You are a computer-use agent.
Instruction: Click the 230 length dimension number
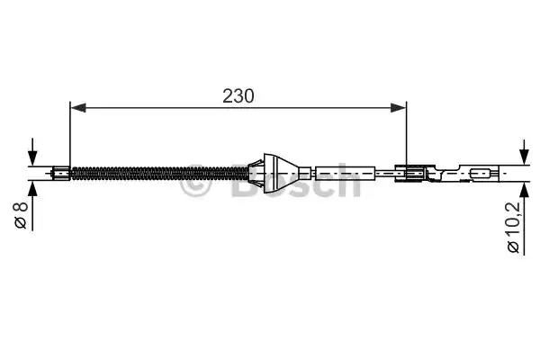[x=238, y=96]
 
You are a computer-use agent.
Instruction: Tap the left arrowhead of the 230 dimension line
[x=77, y=108]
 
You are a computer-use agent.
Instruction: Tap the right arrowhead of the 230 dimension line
[x=399, y=108]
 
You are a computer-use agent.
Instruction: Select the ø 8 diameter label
[x=21, y=216]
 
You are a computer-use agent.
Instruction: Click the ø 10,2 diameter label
[x=513, y=228]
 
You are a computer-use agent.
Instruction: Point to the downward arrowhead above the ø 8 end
[x=32, y=158]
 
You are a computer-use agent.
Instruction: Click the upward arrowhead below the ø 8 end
[x=32, y=189]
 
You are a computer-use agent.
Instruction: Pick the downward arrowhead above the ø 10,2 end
[x=524, y=157]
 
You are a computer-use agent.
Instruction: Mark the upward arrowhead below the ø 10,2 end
[x=524, y=191]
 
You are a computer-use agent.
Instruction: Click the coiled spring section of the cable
[x=160, y=174]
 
